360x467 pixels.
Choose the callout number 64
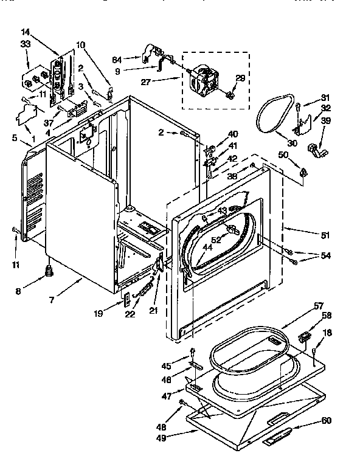117,59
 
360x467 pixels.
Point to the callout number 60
326,421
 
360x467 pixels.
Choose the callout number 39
326,121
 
